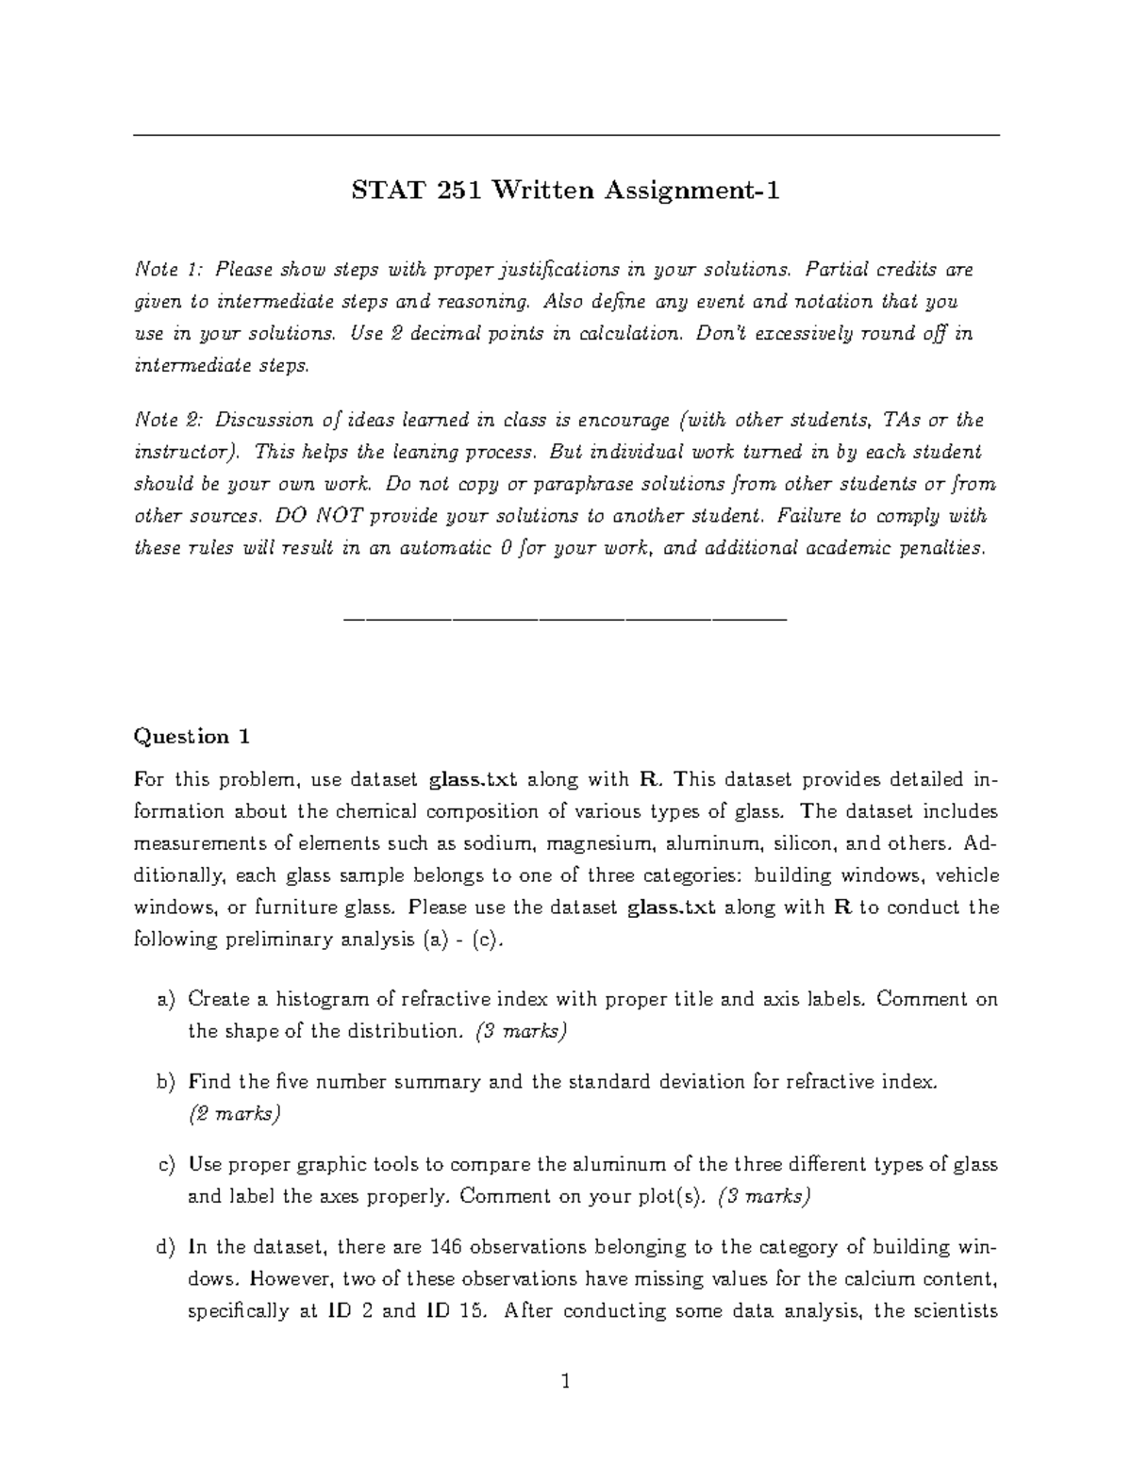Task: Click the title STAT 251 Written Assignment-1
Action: tap(566, 191)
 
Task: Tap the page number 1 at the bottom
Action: tap(566, 1383)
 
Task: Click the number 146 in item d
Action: tap(445, 1247)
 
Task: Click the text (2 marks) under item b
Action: tap(234, 1114)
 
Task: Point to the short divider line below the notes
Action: tap(566, 620)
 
